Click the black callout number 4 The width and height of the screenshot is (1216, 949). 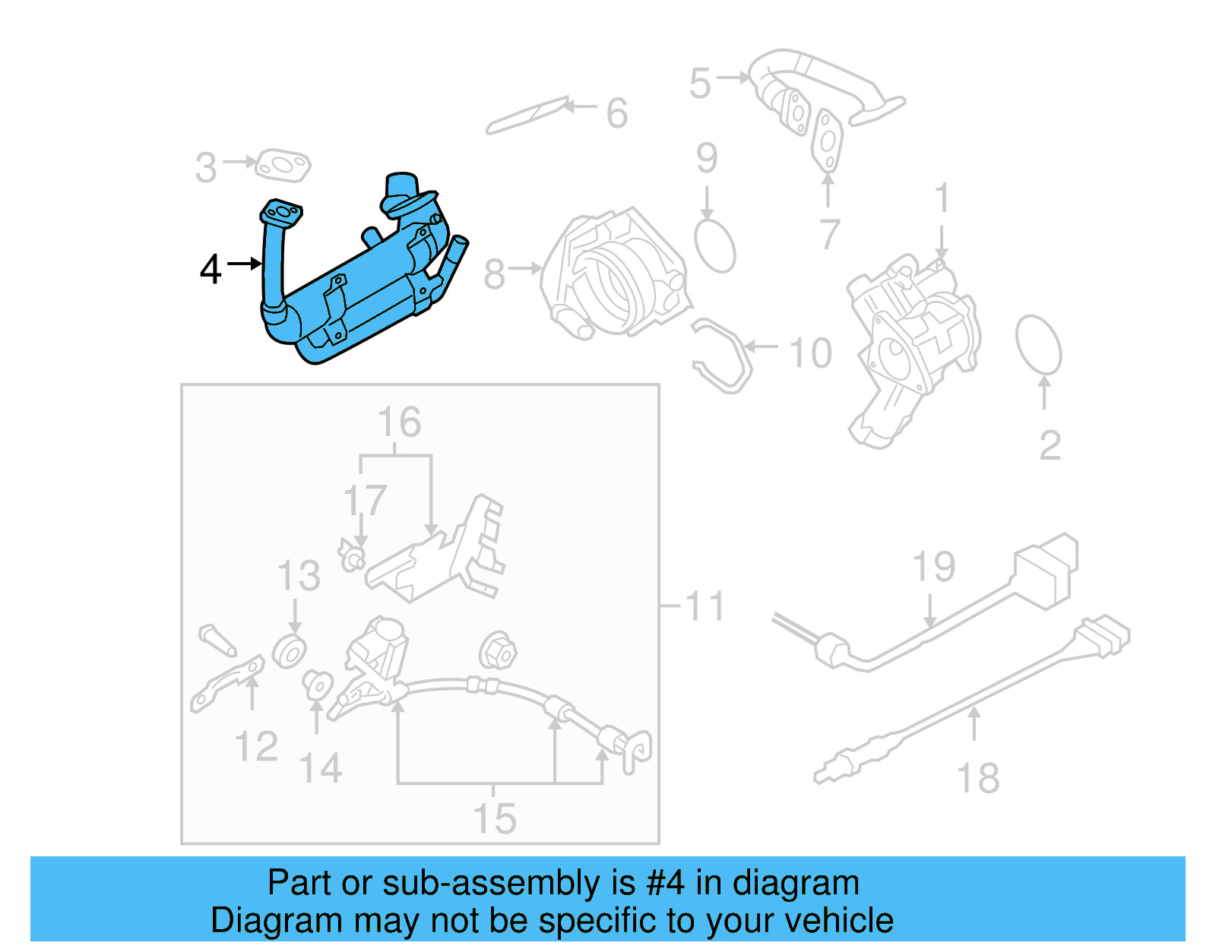point(211,270)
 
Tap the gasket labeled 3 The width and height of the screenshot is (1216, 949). point(283,166)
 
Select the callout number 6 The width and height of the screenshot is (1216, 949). point(616,114)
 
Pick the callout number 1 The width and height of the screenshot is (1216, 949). point(942,198)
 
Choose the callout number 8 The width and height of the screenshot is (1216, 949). point(494,274)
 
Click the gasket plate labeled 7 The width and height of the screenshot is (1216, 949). point(827,141)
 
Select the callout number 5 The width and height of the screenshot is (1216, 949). point(699,83)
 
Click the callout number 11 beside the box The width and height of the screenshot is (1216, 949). point(705,606)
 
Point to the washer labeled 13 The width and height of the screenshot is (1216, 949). point(289,652)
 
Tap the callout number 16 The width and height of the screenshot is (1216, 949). point(399,422)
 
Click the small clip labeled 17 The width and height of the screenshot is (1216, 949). point(352,558)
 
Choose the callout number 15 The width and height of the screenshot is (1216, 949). point(494,819)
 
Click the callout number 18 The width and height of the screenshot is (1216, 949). point(977,779)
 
